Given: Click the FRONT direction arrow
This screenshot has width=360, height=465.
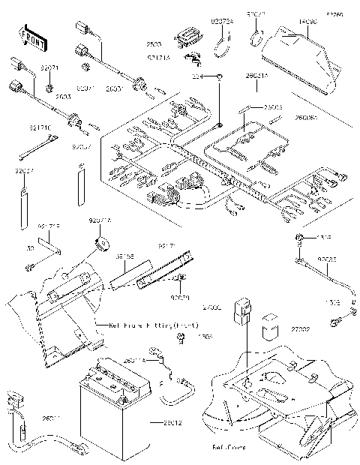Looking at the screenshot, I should point(31,37).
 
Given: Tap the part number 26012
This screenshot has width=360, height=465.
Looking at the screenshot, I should point(171,424).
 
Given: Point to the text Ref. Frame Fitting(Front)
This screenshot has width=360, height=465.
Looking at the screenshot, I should point(150,327).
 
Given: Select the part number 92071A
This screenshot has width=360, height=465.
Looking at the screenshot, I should point(100,221).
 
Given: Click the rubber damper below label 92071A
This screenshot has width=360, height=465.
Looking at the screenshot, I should point(100,244).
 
